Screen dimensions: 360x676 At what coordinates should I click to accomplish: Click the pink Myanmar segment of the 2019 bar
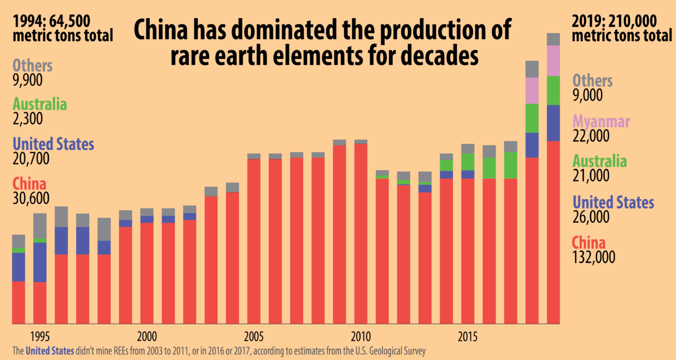pyautogui.click(x=553, y=60)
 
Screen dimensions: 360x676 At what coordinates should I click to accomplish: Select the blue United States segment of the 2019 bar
pyautogui.click(x=553, y=123)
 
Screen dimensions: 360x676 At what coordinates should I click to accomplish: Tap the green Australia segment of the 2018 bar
pyautogui.click(x=532, y=118)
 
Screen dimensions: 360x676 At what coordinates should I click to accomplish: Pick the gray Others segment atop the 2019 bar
pyautogui.click(x=553, y=39)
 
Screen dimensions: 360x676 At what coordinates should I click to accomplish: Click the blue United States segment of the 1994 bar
pyautogui.click(x=19, y=266)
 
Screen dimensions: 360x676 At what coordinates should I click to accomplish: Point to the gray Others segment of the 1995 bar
pyautogui.click(x=40, y=225)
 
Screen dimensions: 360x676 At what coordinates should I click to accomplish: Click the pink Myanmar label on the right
pyautogui.click(x=601, y=121)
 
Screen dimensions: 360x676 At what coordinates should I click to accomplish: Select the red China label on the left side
pyautogui.click(x=30, y=184)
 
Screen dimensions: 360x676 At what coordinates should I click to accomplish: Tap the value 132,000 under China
pyautogui.click(x=594, y=257)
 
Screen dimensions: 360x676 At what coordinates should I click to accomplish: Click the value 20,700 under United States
pyautogui.click(x=30, y=159)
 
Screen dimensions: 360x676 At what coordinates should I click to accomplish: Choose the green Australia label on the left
pyautogui.click(x=39, y=104)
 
